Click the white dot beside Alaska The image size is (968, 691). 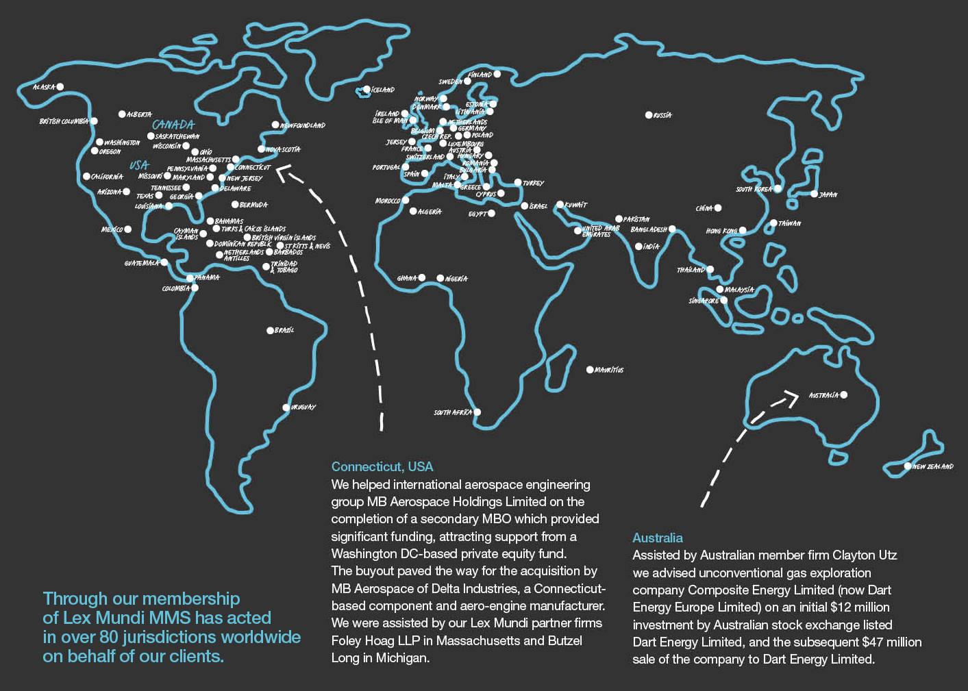tap(60, 86)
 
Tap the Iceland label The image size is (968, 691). tap(383, 90)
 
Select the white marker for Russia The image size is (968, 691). tap(649, 115)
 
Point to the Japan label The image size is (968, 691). tap(828, 194)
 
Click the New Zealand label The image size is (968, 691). tap(933, 466)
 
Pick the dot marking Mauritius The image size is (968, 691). tap(590, 370)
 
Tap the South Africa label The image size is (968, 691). tap(452, 412)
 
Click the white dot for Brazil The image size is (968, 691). tap(270, 331)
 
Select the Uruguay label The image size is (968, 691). tap(303, 407)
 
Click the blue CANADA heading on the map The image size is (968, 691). tap(173, 125)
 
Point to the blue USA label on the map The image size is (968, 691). tap(139, 165)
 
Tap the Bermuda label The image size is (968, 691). tap(253, 205)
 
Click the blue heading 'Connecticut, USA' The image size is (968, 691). tap(382, 466)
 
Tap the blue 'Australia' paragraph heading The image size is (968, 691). tap(658, 538)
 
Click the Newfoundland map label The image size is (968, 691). tap(303, 125)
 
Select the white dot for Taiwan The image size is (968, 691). tap(773, 223)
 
